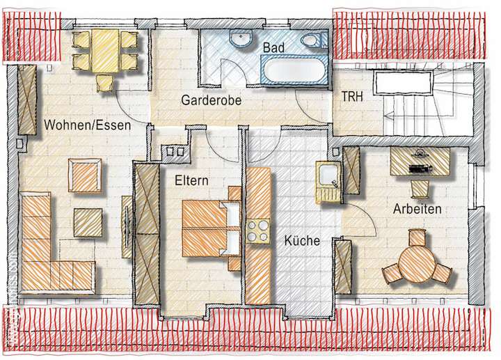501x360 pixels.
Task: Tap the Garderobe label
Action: click(x=211, y=100)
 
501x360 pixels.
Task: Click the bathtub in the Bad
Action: click(x=293, y=71)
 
